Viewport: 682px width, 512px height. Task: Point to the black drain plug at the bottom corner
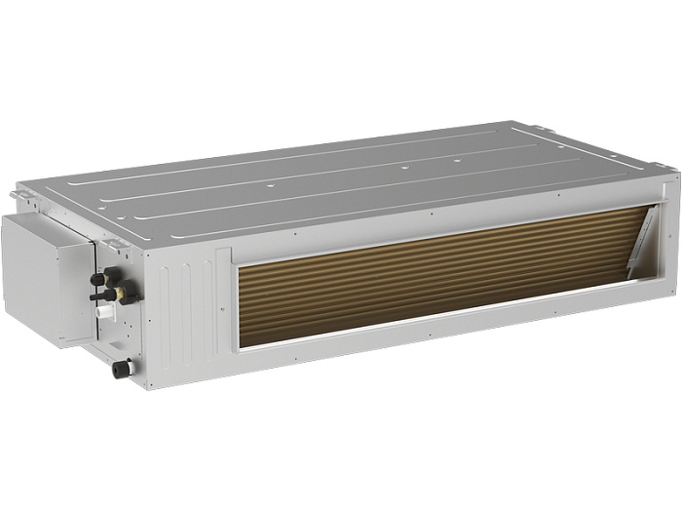[121, 369]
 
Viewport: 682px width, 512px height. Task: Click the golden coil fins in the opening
[429, 273]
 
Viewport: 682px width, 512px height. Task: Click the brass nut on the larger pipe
[124, 290]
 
